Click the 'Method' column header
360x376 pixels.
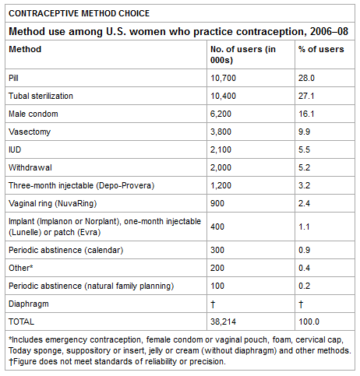25,49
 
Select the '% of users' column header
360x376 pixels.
321,49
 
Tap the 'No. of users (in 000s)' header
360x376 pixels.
243,54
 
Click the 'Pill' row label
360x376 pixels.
13,78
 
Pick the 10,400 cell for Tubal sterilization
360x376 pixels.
223,96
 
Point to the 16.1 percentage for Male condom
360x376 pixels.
306,114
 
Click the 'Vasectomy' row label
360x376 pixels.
30,132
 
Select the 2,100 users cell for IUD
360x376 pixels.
221,149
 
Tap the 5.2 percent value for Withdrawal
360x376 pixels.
304,167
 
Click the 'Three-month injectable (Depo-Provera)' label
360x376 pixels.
82,185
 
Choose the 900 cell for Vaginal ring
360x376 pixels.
217,203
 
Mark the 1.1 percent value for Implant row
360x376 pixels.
304,227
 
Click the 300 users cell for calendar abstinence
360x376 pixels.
217,250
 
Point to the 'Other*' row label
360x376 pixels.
21,268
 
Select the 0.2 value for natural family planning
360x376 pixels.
304,286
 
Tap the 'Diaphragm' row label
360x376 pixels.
29,304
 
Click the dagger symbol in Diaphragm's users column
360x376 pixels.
213,304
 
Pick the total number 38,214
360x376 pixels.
223,322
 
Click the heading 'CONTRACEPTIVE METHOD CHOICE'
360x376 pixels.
79,13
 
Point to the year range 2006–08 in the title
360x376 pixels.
329,31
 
